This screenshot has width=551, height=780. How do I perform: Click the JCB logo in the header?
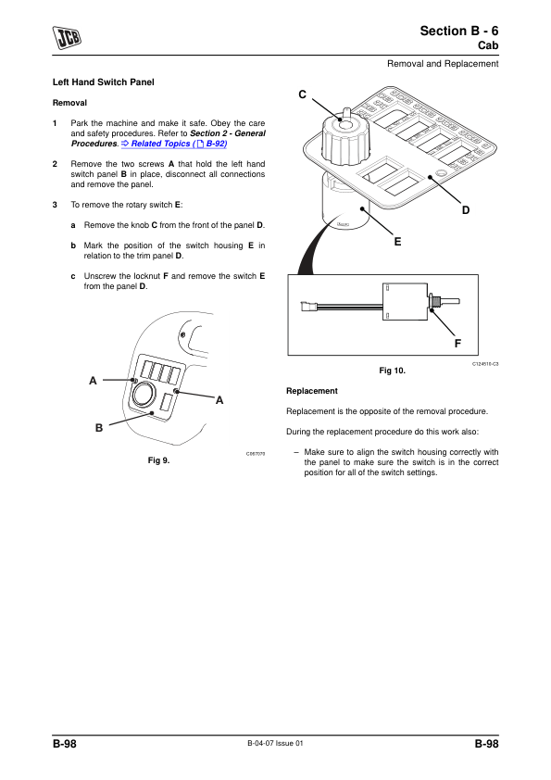click(67, 38)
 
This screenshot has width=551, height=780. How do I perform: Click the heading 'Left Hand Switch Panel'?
click(104, 82)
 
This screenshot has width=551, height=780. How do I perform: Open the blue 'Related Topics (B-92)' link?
click(174, 144)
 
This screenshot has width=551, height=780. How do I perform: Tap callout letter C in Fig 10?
click(302, 94)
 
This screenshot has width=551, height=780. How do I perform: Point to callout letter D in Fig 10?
click(466, 210)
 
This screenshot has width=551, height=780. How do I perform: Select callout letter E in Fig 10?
click(397, 242)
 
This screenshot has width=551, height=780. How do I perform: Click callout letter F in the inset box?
click(457, 344)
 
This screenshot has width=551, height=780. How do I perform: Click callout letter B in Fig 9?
click(99, 428)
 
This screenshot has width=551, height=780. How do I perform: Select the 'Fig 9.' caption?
click(158, 460)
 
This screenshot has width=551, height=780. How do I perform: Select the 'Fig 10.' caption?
click(393, 371)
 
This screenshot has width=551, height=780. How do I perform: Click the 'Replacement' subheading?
click(312, 391)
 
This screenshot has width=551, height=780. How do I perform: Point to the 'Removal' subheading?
click(69, 103)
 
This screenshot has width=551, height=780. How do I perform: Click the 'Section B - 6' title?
click(459, 31)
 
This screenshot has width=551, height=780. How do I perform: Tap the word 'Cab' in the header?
click(488, 45)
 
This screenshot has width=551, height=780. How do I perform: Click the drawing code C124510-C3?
click(485, 364)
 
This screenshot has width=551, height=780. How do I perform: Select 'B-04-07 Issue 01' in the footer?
click(276, 743)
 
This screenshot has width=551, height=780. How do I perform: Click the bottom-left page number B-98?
click(65, 744)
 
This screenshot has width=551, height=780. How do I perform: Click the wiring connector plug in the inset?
click(307, 306)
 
